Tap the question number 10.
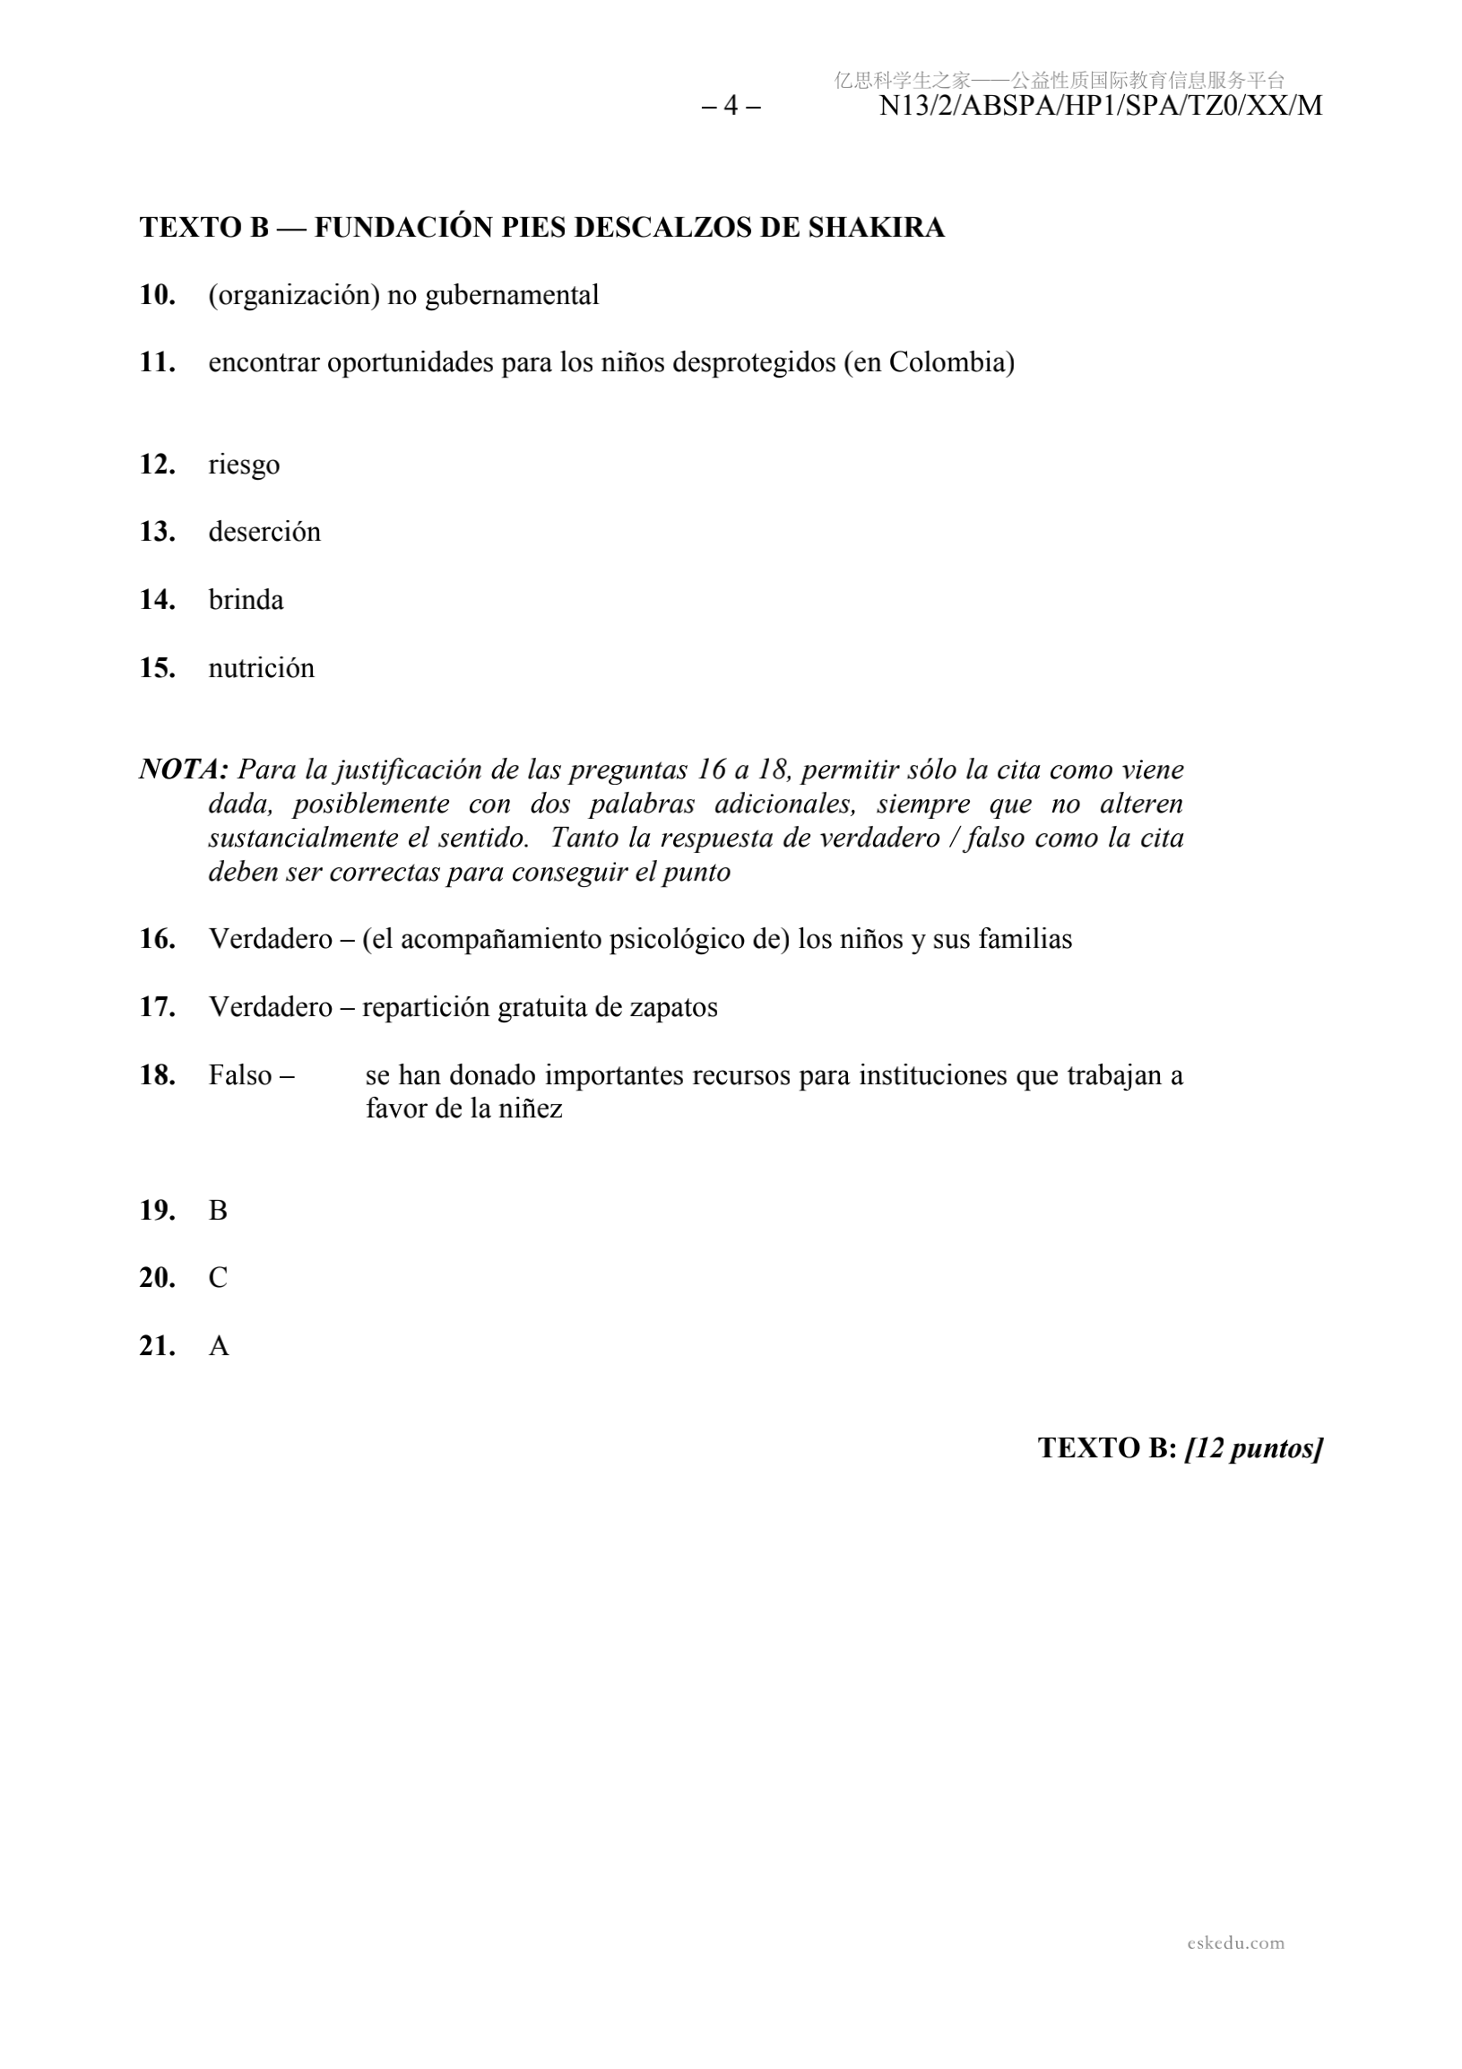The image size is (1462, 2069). pos(158,295)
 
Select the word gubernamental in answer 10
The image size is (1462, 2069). pos(512,296)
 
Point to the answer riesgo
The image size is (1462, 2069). pos(244,465)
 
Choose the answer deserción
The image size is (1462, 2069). pos(264,532)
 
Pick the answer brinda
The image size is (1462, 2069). pos(246,600)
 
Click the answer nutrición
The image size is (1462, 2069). pos(261,668)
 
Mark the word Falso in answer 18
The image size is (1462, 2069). pos(240,1075)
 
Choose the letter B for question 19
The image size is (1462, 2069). pos(218,1210)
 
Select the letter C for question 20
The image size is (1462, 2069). pos(218,1278)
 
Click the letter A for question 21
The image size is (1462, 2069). pos(219,1346)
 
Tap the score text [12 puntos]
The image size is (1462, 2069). pos(1253,1448)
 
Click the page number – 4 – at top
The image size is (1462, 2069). pos(731,107)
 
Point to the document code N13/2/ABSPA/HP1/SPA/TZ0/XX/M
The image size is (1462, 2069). pos(1100,107)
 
